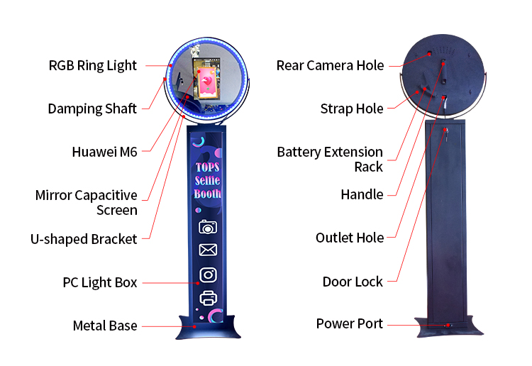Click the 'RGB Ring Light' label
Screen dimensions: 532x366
tap(93, 65)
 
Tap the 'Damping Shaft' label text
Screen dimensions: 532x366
tap(92, 109)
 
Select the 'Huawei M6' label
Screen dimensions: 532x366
tap(104, 152)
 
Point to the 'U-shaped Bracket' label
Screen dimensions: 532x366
tap(84, 239)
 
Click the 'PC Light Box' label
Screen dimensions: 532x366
tap(100, 282)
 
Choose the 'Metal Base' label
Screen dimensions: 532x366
tap(105, 326)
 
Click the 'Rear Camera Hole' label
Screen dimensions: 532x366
tap(330, 65)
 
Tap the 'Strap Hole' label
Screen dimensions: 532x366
tap(352, 109)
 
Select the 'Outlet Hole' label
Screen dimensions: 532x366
tap(350, 238)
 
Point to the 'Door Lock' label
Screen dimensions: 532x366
tap(353, 282)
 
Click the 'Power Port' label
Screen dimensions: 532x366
tap(350, 323)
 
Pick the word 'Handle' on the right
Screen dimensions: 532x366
tap(362, 194)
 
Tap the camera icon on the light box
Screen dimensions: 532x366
tap(208, 227)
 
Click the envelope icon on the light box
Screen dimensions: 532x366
tap(208, 250)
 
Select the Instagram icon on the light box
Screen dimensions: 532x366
tap(208, 274)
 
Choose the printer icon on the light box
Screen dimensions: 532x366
tap(209, 298)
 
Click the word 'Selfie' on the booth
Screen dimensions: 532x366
tap(207, 180)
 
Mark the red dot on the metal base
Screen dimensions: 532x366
tap(194, 327)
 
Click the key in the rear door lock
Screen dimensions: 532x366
tap(446, 135)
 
